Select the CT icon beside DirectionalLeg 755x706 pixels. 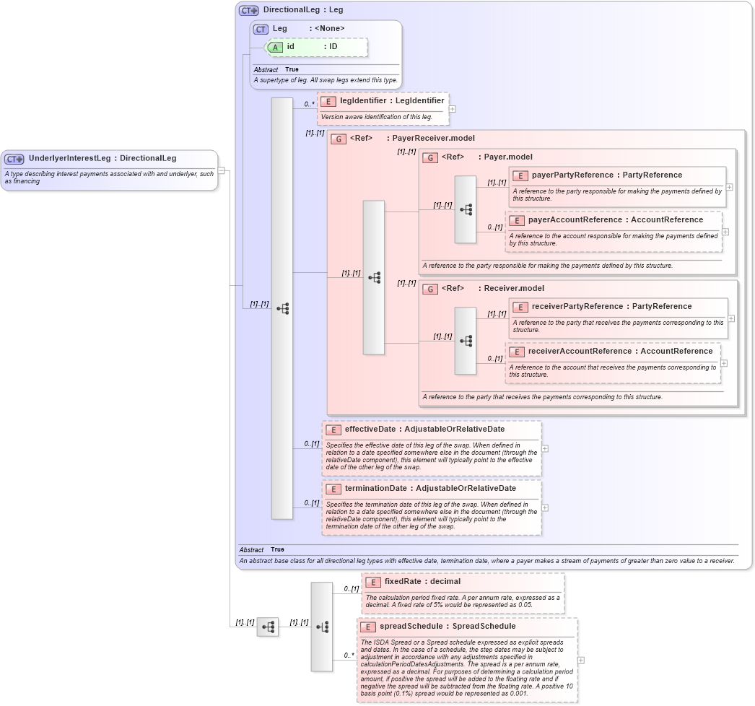pyautogui.click(x=249, y=11)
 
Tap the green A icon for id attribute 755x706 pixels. pyautogui.click(x=275, y=47)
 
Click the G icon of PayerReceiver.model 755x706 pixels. pyautogui.click(x=338, y=139)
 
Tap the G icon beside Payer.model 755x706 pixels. pyautogui.click(x=430, y=157)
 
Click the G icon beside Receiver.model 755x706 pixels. pyautogui.click(x=430, y=289)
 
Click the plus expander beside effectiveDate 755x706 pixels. pyautogui.click(x=545, y=448)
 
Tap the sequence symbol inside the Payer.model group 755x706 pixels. pyautogui.click(x=466, y=209)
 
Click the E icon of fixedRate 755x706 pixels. pyautogui.click(x=372, y=582)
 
